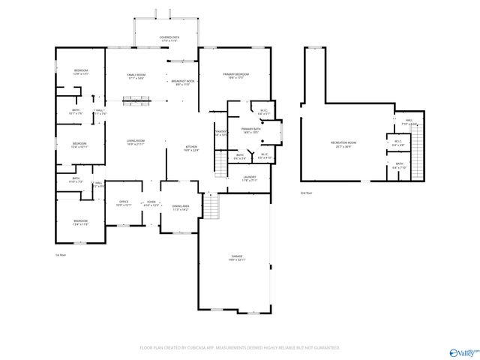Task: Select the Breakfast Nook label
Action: (182, 82)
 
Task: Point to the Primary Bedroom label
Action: (235, 76)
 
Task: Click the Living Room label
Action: (135, 142)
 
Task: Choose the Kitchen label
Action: (193, 148)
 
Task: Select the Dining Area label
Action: (181, 207)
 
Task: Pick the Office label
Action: (124, 203)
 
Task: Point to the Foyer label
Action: (151, 203)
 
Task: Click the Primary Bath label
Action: (250, 131)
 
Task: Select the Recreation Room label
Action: (343, 144)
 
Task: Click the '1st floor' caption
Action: (61, 256)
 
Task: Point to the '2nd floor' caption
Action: (306, 193)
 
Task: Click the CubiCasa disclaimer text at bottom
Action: (240, 348)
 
